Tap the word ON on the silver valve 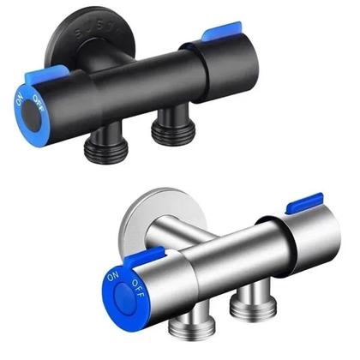pyautogui.click(x=111, y=278)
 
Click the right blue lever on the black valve pyautogui.click(x=213, y=35)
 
